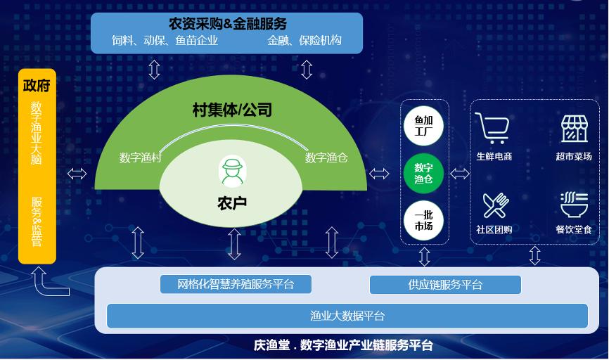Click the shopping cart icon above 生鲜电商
[492, 128]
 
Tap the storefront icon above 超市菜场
[574, 129]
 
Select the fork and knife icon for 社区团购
[495, 205]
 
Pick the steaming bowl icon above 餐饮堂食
[574, 205]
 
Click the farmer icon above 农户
[232, 172]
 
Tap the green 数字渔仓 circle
[423, 173]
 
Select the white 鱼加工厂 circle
[423, 126]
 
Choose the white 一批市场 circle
[423, 221]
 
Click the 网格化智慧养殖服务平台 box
[236, 284]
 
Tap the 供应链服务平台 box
[445, 285]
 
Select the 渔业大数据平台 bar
[347, 316]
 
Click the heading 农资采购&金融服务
[228, 24]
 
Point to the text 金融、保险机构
[304, 40]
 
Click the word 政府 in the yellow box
[37, 85]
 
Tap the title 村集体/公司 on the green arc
[232, 110]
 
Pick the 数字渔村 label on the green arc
[140, 157]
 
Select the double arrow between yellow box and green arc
[77, 174]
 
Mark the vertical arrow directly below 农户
[235, 244]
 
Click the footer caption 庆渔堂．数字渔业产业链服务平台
[343, 345]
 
